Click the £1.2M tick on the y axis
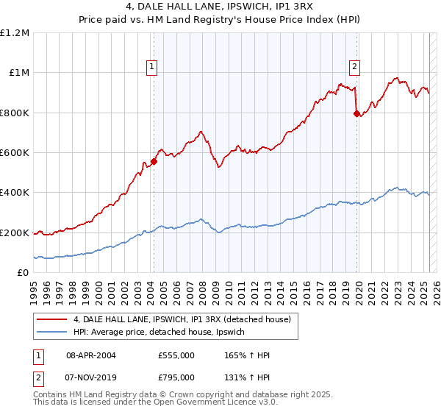15,33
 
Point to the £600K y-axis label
15,153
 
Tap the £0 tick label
23,273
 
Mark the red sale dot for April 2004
154,162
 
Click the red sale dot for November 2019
357,114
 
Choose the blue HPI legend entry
163,333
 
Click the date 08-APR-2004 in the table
90,355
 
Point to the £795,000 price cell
176,377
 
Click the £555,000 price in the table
176,355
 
